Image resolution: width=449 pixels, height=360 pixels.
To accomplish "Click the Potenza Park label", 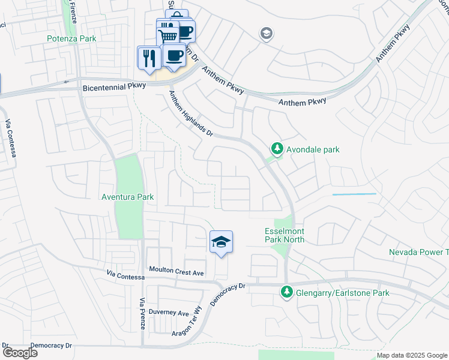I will pos(71,38).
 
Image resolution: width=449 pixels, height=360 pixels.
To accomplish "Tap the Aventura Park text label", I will pos(127,197).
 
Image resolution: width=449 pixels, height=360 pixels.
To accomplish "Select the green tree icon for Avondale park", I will pos(277,148).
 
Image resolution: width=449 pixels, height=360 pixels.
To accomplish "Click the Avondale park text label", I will pos(313,149).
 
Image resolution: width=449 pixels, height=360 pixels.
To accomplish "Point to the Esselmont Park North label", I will pos(285,235).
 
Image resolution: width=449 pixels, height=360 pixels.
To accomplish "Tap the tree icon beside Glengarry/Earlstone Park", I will pos(287,292).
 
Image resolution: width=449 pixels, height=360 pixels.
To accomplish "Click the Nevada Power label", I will pos(418,252).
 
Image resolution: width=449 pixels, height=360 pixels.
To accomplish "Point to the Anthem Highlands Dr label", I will pos(191,113).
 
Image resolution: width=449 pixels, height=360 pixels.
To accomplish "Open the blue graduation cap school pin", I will pos(221,242).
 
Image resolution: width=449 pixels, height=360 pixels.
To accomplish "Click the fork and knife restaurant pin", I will pos(148,58).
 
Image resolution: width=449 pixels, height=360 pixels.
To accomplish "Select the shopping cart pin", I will pos(168,35).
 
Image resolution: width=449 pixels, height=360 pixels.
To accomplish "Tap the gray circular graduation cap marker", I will pos(265,34).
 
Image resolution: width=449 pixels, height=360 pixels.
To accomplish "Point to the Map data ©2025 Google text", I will pos(411,355).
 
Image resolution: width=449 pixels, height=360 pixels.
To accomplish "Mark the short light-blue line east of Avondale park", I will pos(354,194).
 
